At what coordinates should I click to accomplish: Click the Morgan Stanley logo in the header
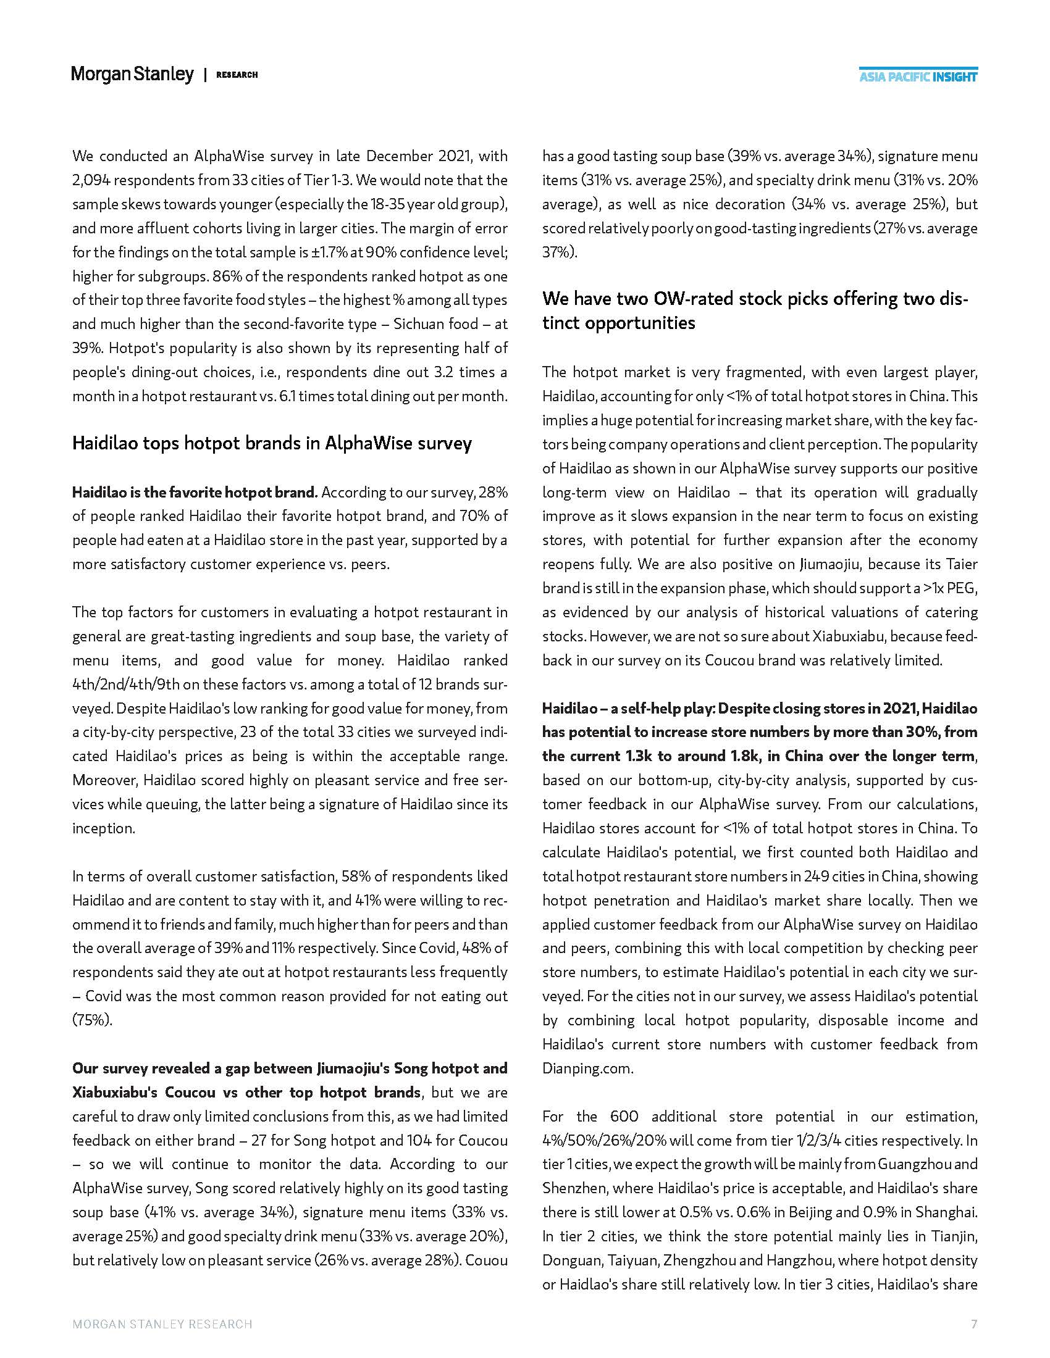click(133, 75)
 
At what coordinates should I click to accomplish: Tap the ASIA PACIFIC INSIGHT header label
click(917, 77)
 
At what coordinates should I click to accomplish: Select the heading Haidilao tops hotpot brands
click(272, 443)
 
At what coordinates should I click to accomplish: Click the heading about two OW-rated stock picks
click(754, 311)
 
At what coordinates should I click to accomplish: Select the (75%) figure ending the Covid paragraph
click(92, 1020)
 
